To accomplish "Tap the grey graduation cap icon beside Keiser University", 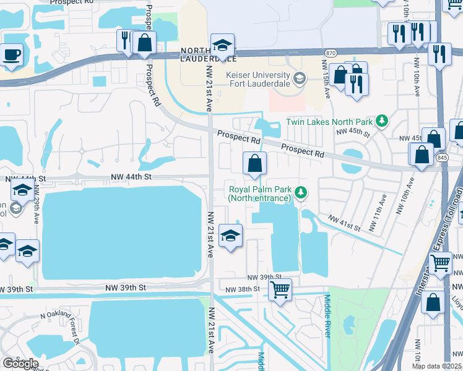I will [300, 78].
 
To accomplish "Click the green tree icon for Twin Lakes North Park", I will [383, 120].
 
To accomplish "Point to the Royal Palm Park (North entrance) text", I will [259, 194].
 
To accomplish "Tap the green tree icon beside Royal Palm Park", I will [301, 193].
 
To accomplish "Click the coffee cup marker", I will [12, 54].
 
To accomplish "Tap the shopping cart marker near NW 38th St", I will [280, 289].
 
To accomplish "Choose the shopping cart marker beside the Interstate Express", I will [440, 262].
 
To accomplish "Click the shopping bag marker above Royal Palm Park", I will [254, 164].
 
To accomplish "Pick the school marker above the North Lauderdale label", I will [222, 45].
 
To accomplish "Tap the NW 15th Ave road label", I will [325, 74].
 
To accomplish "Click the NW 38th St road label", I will [241, 289].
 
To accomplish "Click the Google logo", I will [20, 363].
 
